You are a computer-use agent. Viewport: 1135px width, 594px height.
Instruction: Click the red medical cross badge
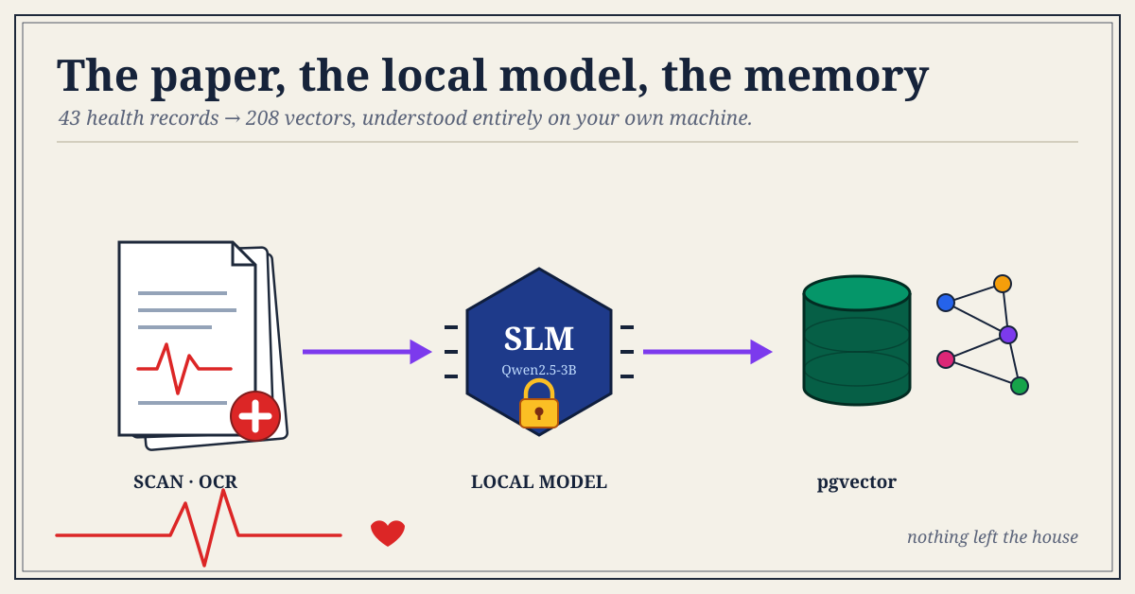pyautogui.click(x=254, y=415)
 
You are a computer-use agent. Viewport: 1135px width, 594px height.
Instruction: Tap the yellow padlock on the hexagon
pyautogui.click(x=538, y=404)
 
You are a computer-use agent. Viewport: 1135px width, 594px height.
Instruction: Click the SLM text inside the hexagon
pyautogui.click(x=538, y=339)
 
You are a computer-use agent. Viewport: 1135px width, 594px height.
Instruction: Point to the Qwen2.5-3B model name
pyautogui.click(x=538, y=370)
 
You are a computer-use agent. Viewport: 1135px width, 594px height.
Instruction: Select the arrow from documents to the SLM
pyautogui.click(x=367, y=351)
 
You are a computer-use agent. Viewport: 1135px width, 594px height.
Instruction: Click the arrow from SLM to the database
pyautogui.click(x=707, y=351)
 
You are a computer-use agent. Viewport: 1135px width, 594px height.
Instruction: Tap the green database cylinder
pyautogui.click(x=857, y=341)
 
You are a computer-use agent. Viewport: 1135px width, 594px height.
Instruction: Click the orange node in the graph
pyautogui.click(x=1003, y=284)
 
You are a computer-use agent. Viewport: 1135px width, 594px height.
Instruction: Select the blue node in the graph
pyautogui.click(x=946, y=303)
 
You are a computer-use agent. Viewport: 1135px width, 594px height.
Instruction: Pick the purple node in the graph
pyautogui.click(x=1008, y=335)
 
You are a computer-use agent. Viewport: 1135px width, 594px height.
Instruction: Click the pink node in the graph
pyautogui.click(x=946, y=359)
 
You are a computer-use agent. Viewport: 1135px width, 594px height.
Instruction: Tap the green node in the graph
pyautogui.click(x=1019, y=386)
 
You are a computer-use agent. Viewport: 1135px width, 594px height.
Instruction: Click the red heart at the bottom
pyautogui.click(x=388, y=533)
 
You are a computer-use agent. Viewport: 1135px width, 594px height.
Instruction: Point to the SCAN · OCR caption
pyautogui.click(x=185, y=481)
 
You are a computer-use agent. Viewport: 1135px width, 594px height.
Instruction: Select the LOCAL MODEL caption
pyautogui.click(x=538, y=481)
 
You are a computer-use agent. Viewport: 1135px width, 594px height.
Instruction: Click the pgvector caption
pyautogui.click(x=856, y=482)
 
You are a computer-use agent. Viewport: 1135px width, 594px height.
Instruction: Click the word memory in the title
pyautogui.click(x=836, y=77)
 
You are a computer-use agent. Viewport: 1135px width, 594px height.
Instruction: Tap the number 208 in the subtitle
pyautogui.click(x=262, y=118)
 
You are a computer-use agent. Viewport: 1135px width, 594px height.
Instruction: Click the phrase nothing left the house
pyautogui.click(x=992, y=536)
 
